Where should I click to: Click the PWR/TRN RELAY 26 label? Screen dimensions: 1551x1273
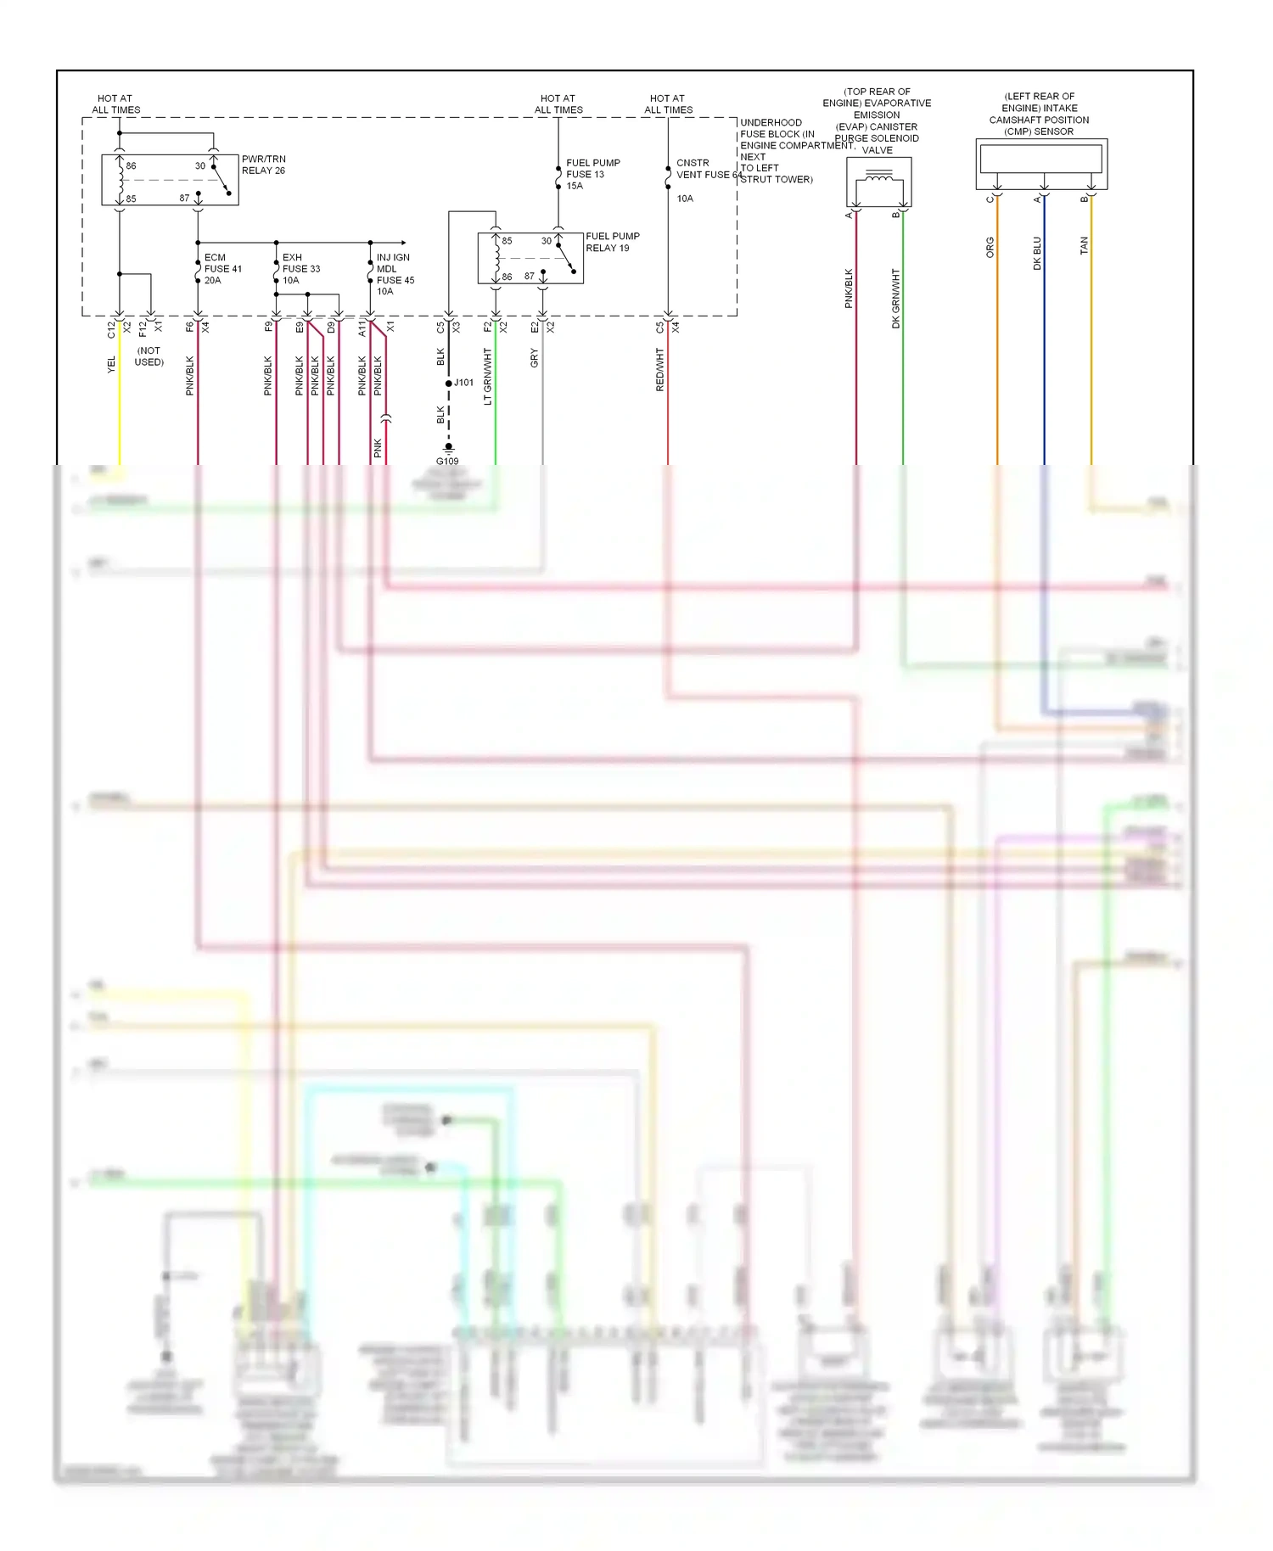pos(263,165)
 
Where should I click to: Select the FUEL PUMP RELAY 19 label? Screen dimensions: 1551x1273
pos(612,242)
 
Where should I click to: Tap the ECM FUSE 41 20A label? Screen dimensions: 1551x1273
pos(222,268)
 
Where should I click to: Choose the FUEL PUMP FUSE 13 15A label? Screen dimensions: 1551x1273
pos(592,174)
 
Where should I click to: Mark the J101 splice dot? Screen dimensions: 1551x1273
pos(449,384)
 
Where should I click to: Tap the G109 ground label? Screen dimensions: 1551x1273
pos(447,462)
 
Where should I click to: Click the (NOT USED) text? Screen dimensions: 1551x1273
pos(149,356)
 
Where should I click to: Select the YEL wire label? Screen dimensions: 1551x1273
pos(111,364)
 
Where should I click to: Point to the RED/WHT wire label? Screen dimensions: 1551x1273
pos(660,370)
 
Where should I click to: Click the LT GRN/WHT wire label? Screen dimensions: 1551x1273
pos(488,376)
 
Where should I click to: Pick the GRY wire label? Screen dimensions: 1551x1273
pos(535,358)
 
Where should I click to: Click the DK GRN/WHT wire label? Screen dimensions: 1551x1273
pos(895,299)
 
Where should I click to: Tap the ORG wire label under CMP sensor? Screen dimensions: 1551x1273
pos(990,247)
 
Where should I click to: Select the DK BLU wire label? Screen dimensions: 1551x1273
pos(1036,253)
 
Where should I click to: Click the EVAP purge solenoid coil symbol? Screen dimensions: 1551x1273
pos(878,179)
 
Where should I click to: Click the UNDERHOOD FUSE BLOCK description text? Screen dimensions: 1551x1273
pos(777,150)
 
